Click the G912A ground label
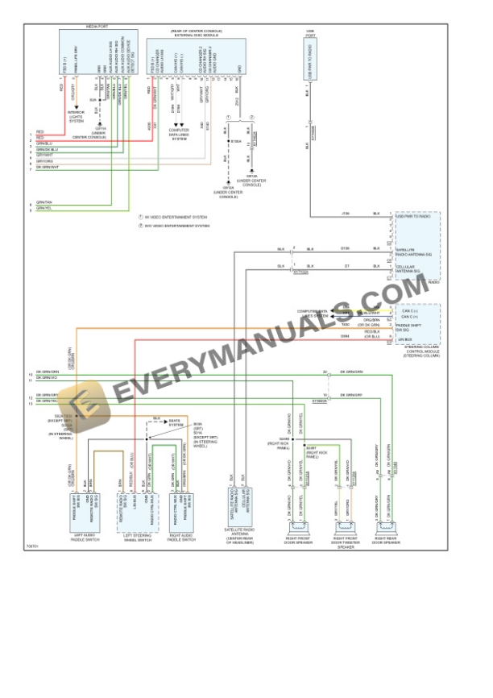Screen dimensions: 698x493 tap(251, 181)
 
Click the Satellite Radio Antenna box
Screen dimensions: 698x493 tap(240, 506)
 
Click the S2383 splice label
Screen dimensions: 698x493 tap(286, 438)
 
